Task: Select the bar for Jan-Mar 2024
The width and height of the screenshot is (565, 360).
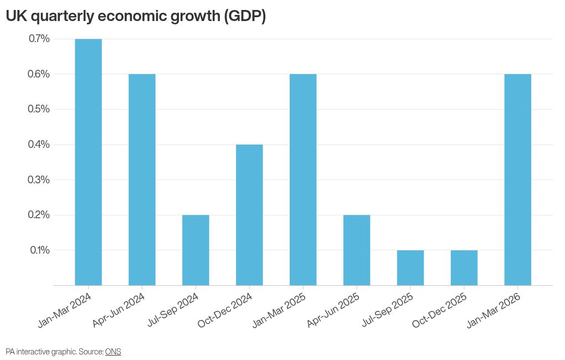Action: (88, 162)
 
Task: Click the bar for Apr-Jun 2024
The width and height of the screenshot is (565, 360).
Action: (142, 180)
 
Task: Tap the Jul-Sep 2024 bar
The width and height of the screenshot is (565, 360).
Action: (196, 250)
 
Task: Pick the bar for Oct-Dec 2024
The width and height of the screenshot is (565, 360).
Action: (249, 215)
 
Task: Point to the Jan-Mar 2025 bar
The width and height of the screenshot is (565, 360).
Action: (303, 180)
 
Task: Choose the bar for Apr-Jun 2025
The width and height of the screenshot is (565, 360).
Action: (357, 250)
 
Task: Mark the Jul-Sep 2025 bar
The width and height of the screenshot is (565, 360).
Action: (410, 268)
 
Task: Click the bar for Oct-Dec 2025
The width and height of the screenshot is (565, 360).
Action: (464, 268)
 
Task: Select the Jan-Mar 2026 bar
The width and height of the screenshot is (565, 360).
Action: (518, 180)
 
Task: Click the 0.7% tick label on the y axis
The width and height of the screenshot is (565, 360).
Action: (39, 39)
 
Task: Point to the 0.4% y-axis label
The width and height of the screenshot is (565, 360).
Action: (39, 145)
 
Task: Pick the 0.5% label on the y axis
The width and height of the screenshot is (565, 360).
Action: (39, 109)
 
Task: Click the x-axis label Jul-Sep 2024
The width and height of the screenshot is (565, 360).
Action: (173, 310)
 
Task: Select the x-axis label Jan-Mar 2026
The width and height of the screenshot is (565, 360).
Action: (494, 310)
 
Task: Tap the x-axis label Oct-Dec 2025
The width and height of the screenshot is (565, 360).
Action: (440, 310)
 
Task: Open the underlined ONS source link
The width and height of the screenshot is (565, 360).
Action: (113, 352)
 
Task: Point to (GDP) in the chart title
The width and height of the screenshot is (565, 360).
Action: (245, 16)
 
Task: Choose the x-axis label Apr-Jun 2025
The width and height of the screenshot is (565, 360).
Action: (333, 310)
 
